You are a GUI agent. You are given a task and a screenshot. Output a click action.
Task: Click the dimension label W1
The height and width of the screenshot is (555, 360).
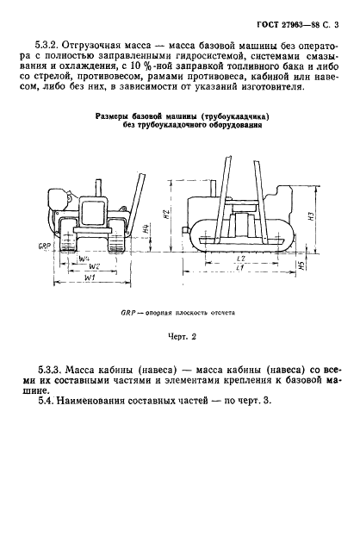(90, 277)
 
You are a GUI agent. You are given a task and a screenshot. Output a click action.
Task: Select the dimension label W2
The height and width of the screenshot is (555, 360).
(94, 266)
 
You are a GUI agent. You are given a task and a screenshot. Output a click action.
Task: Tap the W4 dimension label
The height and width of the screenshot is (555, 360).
(84, 259)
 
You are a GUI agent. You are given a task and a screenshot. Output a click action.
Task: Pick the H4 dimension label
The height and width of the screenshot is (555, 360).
(146, 230)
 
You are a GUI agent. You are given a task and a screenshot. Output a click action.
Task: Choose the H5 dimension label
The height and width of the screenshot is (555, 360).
(301, 265)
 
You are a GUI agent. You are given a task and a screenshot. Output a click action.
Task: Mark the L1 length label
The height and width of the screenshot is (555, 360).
(241, 268)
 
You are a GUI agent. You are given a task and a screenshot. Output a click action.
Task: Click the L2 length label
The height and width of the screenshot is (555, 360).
(241, 259)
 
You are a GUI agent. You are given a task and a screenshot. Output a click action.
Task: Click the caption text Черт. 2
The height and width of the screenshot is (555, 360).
(182, 337)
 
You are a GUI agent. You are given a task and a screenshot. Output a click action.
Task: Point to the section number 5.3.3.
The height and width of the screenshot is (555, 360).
(47, 371)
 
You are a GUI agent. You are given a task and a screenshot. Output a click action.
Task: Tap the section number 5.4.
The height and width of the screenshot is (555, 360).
(46, 401)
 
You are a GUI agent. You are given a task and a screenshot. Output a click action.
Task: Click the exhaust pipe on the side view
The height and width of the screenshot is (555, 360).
(212, 187)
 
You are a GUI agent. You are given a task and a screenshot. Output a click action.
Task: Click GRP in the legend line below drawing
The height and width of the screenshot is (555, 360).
(127, 313)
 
